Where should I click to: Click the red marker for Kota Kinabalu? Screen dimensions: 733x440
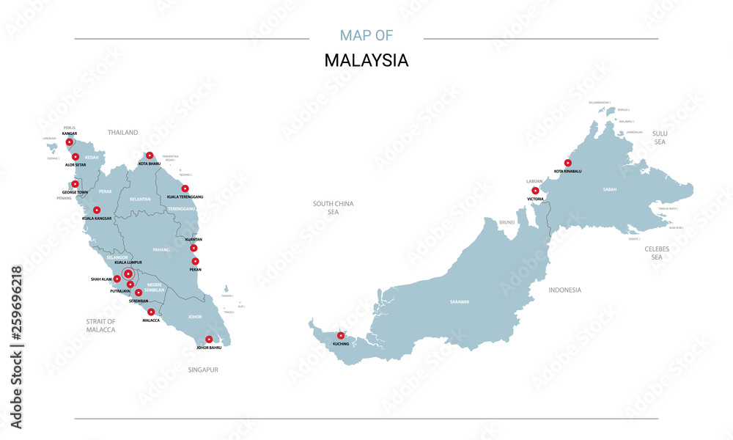567,163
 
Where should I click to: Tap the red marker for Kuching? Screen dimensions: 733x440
340,335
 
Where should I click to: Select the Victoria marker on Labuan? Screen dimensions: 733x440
535,191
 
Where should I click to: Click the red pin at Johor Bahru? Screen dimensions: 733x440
209,339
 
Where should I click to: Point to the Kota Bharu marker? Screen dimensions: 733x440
150,155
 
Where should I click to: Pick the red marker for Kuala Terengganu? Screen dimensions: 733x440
185,188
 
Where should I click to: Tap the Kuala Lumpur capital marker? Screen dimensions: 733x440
128,274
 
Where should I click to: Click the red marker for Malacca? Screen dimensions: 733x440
151,312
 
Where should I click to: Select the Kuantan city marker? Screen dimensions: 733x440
194,248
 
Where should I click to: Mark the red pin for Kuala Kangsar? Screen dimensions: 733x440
97,210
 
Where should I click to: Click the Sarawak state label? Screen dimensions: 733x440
460,301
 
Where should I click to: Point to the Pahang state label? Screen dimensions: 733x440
161,250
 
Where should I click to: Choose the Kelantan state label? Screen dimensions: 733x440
140,199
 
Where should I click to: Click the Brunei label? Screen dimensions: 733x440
507,221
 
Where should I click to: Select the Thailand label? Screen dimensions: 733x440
122,133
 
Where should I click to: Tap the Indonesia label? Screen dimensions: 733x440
564,290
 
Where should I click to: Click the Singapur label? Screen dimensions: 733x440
204,370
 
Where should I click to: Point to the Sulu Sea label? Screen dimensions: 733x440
659,137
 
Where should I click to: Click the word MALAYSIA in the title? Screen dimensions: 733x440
366,61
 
